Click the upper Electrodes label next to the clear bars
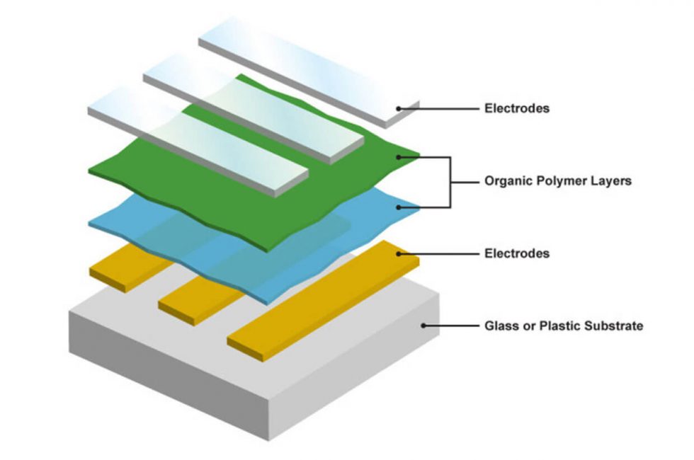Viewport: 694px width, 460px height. [517, 109]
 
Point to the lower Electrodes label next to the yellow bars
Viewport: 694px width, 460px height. [517, 253]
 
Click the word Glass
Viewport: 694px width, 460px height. [500, 326]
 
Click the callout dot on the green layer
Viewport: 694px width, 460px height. [400, 156]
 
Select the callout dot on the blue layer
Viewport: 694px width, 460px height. [400, 207]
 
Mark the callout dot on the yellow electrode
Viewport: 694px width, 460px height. [400, 253]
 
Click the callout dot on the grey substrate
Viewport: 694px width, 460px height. [423, 326]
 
